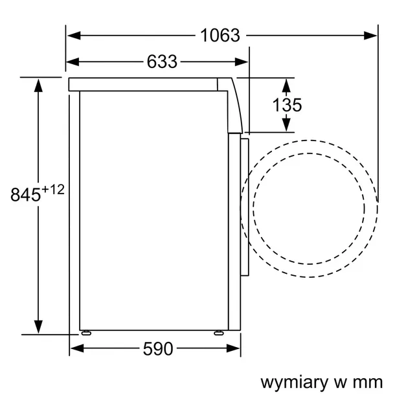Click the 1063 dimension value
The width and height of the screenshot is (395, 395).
coord(220,35)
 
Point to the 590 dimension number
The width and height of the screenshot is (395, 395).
coord(157,349)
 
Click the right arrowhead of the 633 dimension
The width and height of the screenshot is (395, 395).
coord(242,62)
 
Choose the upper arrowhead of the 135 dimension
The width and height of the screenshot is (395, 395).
coord(286,84)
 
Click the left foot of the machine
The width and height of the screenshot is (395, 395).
coord(85,334)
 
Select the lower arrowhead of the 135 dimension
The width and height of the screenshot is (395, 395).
coord(286,126)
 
